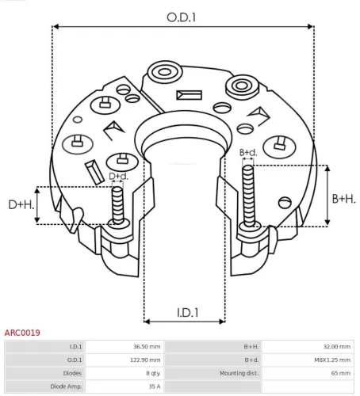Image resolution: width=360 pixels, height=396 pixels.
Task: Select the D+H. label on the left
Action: pyautogui.click(x=21, y=206)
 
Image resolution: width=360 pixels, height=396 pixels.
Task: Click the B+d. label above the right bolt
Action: pyautogui.click(x=248, y=152)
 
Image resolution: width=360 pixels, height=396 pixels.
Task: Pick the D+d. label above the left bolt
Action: pyautogui.click(x=118, y=176)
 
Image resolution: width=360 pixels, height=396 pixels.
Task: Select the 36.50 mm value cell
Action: pyautogui.click(x=147, y=347)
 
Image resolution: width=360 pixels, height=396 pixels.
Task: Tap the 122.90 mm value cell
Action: pyautogui.click(x=146, y=360)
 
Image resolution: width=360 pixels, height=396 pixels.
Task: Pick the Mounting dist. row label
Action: pyautogui.click(x=239, y=372)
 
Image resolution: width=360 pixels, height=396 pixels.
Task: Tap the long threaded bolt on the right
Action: pyautogui.click(x=248, y=194)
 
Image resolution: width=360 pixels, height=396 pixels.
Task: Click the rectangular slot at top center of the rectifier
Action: pyautogui.click(x=190, y=96)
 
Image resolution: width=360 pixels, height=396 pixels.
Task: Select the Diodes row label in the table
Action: pyautogui.click(x=71, y=372)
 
